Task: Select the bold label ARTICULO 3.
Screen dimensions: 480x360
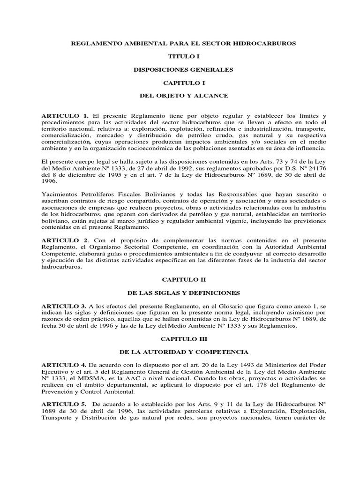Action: click(x=65, y=306)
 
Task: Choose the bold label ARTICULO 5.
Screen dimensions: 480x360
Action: click(x=65, y=405)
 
